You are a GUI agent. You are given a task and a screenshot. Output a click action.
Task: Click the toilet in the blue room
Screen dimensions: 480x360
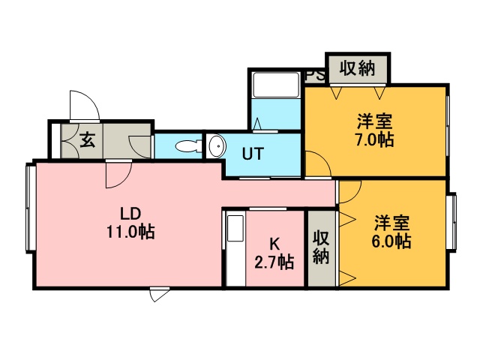click(x=188, y=146)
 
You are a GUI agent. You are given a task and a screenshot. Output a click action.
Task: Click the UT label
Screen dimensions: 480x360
click(x=253, y=153)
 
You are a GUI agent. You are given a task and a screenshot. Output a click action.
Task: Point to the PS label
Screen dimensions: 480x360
click(x=315, y=76)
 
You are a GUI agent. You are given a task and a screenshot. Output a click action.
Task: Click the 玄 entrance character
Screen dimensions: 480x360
click(x=88, y=140)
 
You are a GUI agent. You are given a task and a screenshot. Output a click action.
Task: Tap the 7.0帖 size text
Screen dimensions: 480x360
click(x=373, y=140)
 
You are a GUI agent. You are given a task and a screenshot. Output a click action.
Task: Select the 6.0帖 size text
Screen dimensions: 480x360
click(x=391, y=241)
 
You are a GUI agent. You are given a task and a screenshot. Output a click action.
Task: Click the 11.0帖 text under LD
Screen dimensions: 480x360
click(x=130, y=232)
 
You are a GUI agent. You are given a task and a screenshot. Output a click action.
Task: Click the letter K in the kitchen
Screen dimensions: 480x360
click(x=274, y=244)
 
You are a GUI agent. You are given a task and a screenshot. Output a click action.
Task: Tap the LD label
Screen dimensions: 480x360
click(x=130, y=213)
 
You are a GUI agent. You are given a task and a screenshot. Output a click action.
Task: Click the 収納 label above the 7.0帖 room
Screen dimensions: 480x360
click(x=357, y=68)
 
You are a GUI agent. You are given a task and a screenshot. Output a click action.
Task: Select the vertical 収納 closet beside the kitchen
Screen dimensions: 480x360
click(x=322, y=248)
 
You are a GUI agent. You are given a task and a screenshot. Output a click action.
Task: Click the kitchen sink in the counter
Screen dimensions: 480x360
click(x=236, y=228)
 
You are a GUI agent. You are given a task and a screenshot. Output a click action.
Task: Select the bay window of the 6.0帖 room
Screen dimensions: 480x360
click(x=451, y=223)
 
